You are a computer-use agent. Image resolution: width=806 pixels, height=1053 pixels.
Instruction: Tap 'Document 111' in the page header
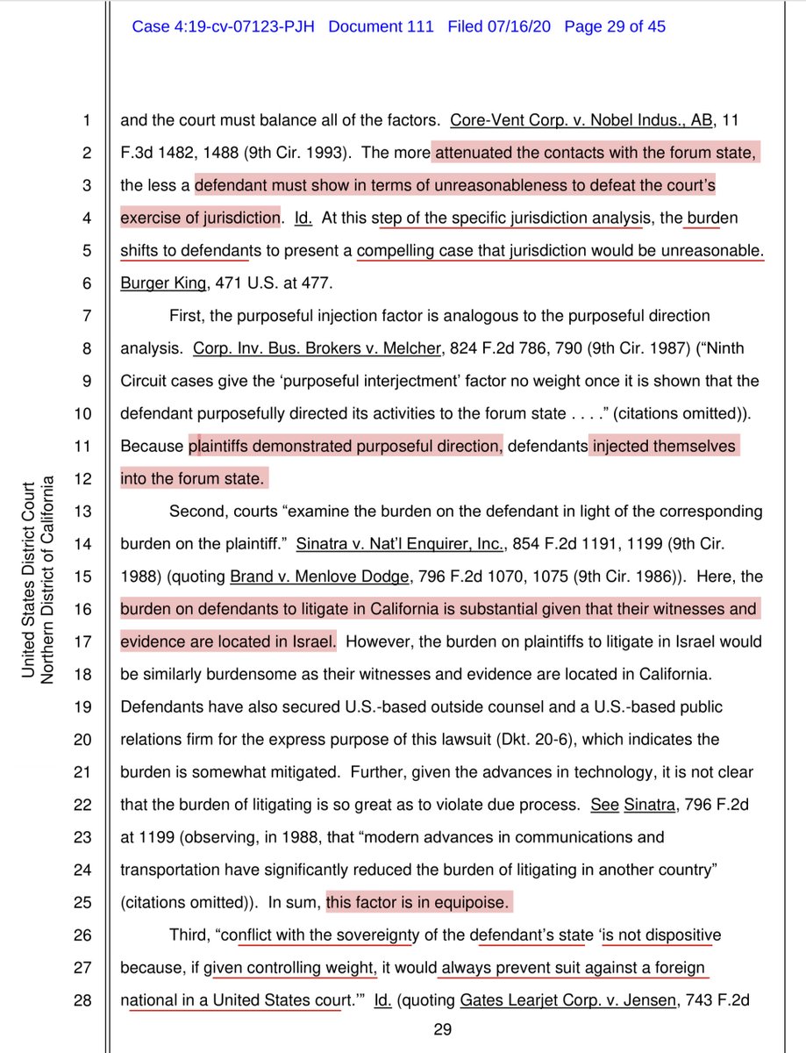[381, 27]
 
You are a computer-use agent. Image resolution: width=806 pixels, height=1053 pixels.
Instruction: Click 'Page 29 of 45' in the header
[614, 27]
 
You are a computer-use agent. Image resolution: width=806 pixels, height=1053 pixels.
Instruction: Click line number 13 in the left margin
[82, 511]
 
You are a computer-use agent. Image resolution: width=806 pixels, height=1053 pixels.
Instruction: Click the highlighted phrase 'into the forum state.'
[192, 478]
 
